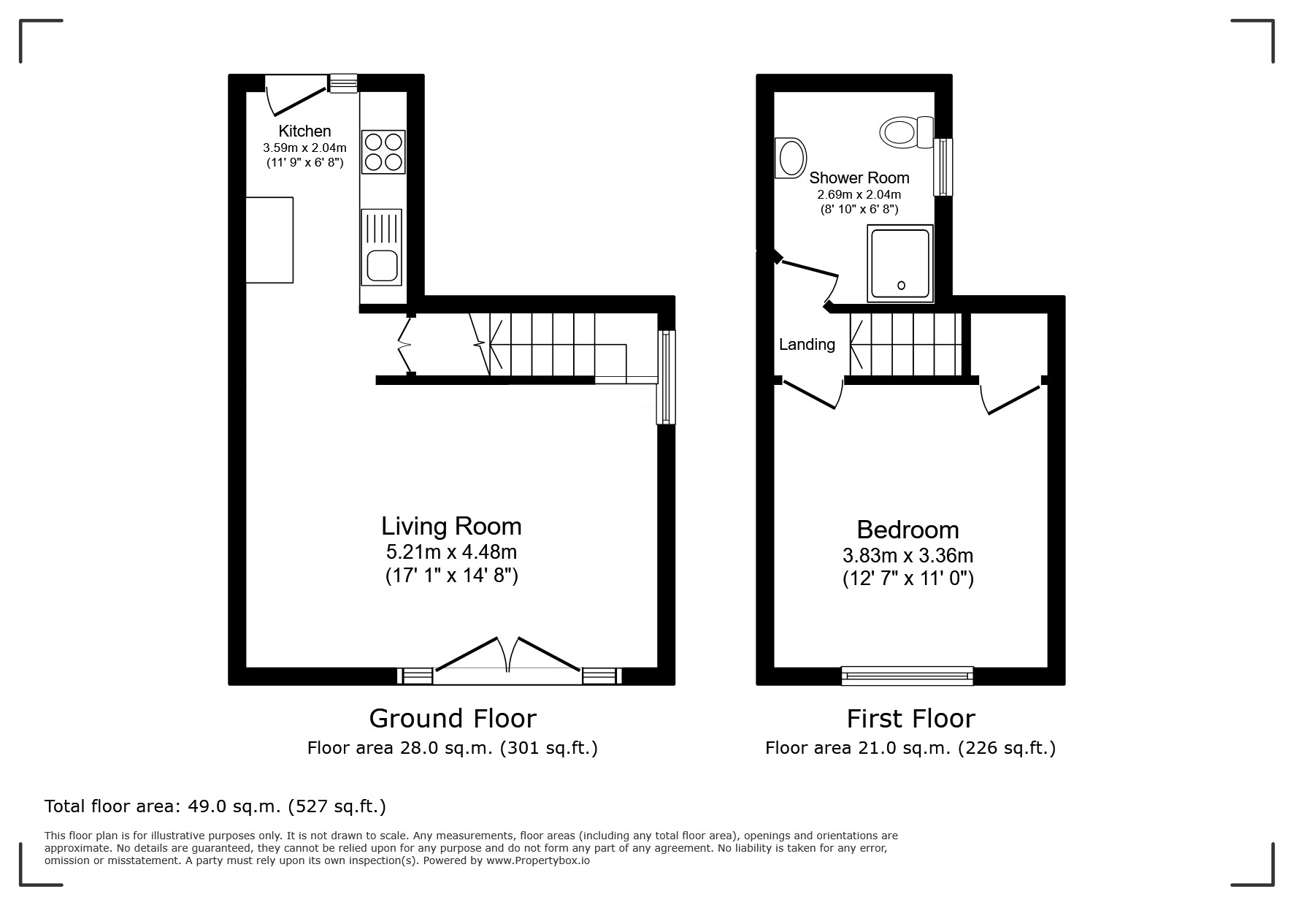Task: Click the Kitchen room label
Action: (304, 131)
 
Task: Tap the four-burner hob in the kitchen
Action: (383, 152)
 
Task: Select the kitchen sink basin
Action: (381, 265)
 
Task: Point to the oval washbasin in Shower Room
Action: (791, 157)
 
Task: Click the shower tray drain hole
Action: (901, 286)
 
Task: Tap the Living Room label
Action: (451, 526)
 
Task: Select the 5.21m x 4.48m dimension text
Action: (451, 551)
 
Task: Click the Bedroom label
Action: (908, 530)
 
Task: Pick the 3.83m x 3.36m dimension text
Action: (908, 555)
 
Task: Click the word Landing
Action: (807, 344)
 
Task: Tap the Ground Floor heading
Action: (453, 719)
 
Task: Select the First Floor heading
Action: (910, 719)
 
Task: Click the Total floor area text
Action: (215, 806)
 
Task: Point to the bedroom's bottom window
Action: (908, 676)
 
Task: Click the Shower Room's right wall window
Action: (943, 167)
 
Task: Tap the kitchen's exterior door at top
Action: (296, 95)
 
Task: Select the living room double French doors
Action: (508, 657)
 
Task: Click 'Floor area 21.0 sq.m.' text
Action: (910, 748)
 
